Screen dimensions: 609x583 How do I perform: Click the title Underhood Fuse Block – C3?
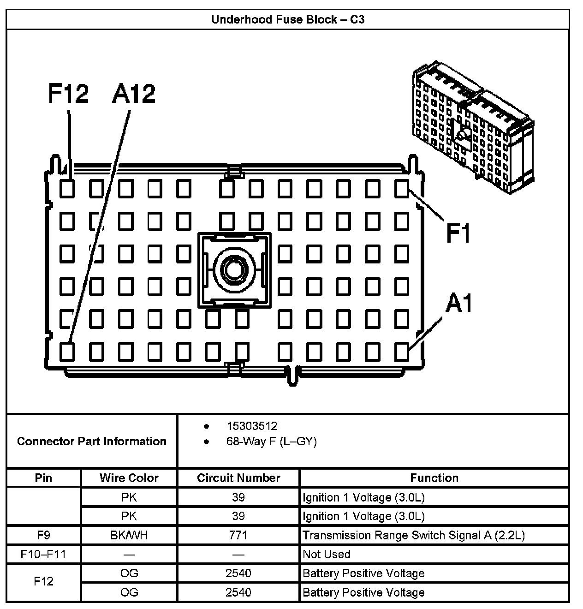[288, 19]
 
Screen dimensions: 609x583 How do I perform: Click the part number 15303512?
[252, 426]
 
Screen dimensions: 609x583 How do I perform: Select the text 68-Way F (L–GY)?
[271, 442]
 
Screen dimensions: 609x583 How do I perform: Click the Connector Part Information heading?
[91, 442]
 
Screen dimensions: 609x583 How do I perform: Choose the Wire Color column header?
[129, 478]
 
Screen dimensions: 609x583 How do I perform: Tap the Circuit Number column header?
[238, 478]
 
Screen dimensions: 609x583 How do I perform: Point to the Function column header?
[434, 478]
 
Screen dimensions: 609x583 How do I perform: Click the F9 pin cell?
[43, 535]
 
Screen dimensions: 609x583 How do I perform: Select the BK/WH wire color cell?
[129, 535]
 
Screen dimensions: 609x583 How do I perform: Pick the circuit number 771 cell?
[238, 535]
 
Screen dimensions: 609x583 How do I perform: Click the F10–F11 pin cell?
[43, 554]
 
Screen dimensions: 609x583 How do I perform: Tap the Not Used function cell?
[327, 554]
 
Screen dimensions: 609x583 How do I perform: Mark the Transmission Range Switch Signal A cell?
[413, 535]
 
